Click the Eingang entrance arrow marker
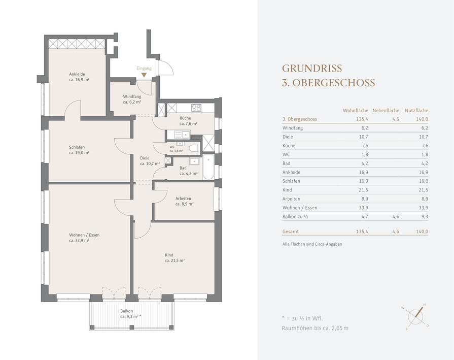click(144, 75)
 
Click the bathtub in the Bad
click(208, 167)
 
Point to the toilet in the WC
click(193, 148)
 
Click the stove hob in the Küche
click(196, 108)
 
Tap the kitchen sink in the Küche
click(182, 134)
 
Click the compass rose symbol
click(415, 317)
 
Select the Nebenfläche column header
click(386, 110)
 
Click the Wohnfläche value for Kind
click(363, 190)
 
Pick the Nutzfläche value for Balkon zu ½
click(425, 216)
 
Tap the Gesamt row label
click(291, 232)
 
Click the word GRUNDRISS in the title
click(312, 69)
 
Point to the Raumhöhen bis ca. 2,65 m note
click(315, 328)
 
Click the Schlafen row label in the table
click(291, 181)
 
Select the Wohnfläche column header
click(356, 110)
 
